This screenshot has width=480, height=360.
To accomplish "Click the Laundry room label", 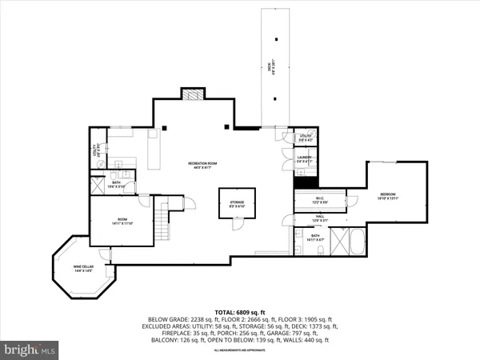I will pos(304,159).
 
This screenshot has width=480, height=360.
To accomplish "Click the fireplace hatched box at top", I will pos(190,94).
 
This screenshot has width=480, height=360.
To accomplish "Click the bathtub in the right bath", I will pos(345,242).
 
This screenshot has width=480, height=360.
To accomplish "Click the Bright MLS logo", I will pos(30,349).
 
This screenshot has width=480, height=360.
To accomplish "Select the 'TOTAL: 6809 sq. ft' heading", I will pos(240,311).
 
